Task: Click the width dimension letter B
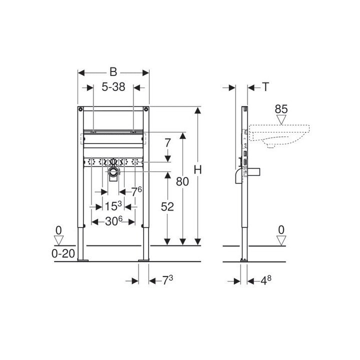(113, 72)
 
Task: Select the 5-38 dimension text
(113, 87)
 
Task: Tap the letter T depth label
(265, 87)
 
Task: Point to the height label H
(197, 170)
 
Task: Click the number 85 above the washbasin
(281, 109)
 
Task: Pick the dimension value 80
(182, 181)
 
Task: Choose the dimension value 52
(167, 207)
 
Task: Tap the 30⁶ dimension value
(113, 221)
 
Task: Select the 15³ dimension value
(113, 206)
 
